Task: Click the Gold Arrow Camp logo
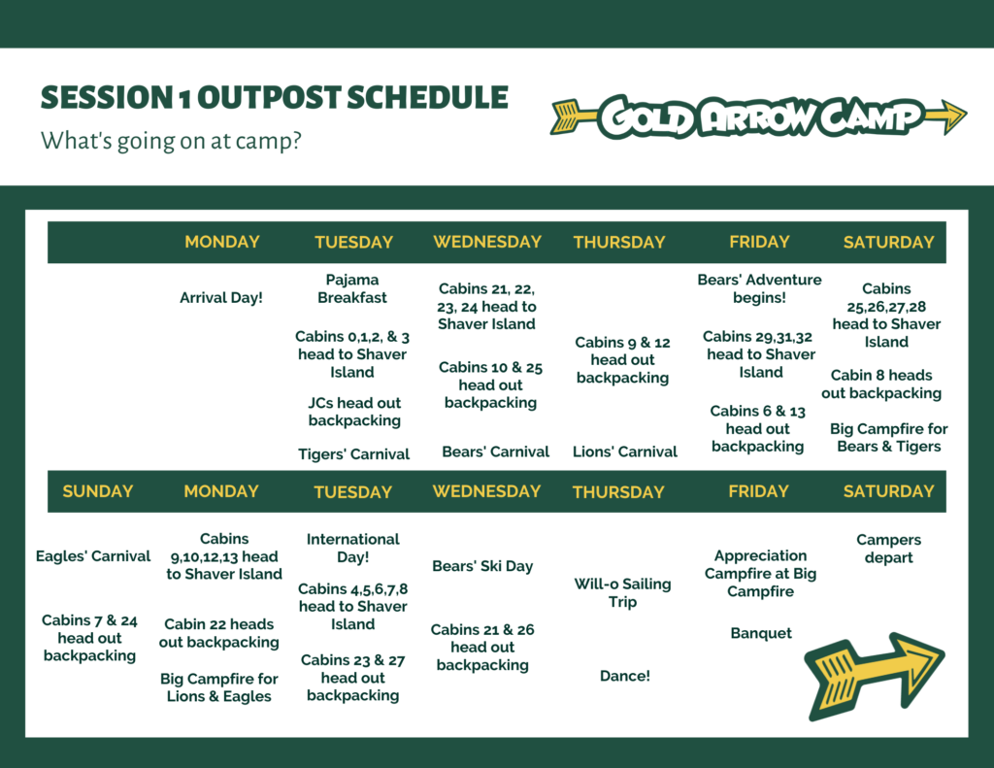(758, 117)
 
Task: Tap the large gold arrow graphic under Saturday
(875, 676)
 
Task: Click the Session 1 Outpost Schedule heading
(275, 98)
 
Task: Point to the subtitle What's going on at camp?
(171, 140)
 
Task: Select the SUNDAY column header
(98, 491)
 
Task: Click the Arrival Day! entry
(221, 297)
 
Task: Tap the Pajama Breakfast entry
(352, 288)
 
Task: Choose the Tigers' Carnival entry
(353, 454)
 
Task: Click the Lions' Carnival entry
(625, 451)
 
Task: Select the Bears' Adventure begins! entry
(759, 288)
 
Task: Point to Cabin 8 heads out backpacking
(881, 384)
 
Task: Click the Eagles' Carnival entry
(93, 556)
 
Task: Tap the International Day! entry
(353, 548)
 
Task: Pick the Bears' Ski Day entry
(482, 566)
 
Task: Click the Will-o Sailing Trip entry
(622, 593)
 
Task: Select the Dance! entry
(625, 676)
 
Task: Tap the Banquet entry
(761, 633)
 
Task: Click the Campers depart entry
(889, 549)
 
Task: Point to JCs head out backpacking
(354, 412)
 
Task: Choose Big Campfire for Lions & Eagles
(219, 687)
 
